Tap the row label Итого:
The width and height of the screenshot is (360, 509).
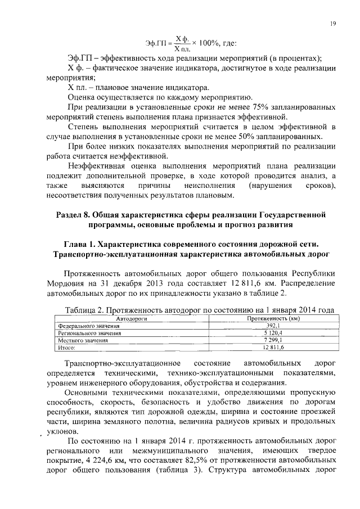(x=67, y=348)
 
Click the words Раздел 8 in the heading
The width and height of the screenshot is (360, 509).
(x=74, y=215)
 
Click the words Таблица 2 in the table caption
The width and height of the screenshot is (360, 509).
(x=84, y=310)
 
